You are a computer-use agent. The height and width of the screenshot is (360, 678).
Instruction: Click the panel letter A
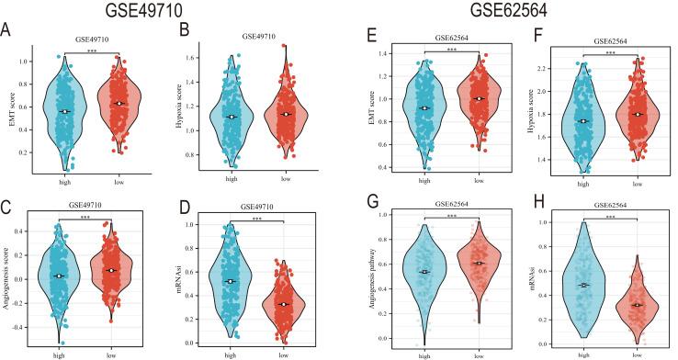pos(8,31)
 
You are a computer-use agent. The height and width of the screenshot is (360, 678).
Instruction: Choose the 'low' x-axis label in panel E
pos(479,182)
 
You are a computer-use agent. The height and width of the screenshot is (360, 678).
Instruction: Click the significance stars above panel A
pos(90,52)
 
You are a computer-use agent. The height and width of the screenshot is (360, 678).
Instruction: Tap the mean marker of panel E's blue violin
pos(423,108)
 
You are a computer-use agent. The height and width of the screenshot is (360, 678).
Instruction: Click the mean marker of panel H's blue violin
pos(582,286)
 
